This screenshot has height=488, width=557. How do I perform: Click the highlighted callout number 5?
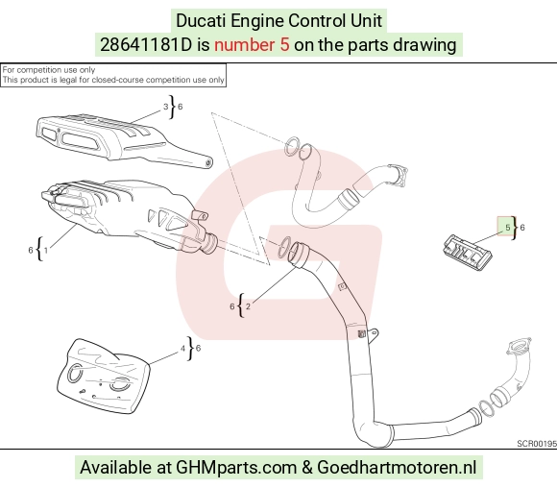pyautogui.click(x=507, y=228)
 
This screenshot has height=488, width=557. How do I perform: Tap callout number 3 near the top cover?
pyautogui.click(x=165, y=107)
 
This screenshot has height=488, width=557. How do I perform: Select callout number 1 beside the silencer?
pyautogui.click(x=46, y=251)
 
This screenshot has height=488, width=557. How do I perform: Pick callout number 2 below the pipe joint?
pyautogui.click(x=248, y=306)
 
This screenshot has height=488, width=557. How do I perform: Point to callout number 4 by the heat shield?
pyautogui.click(x=182, y=349)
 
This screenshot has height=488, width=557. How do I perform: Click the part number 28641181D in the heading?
pyautogui.click(x=146, y=45)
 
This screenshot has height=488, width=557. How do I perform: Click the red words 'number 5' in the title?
pyautogui.click(x=252, y=45)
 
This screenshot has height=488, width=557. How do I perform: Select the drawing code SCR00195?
pyautogui.click(x=537, y=444)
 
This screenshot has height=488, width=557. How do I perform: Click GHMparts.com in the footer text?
pyautogui.click(x=236, y=468)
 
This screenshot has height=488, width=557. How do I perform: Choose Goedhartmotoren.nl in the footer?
pyautogui.click(x=397, y=468)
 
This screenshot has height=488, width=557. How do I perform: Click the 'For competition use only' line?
pyautogui.click(x=49, y=70)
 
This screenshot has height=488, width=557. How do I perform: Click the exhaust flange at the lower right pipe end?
pyautogui.click(x=519, y=346)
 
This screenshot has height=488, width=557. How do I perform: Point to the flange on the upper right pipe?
pyautogui.click(x=398, y=175)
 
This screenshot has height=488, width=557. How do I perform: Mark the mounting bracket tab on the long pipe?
pyautogui.click(x=373, y=335)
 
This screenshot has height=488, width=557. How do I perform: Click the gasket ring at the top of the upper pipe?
pyautogui.click(x=291, y=146)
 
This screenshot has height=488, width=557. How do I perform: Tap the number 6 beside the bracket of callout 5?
pyautogui.click(x=522, y=228)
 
